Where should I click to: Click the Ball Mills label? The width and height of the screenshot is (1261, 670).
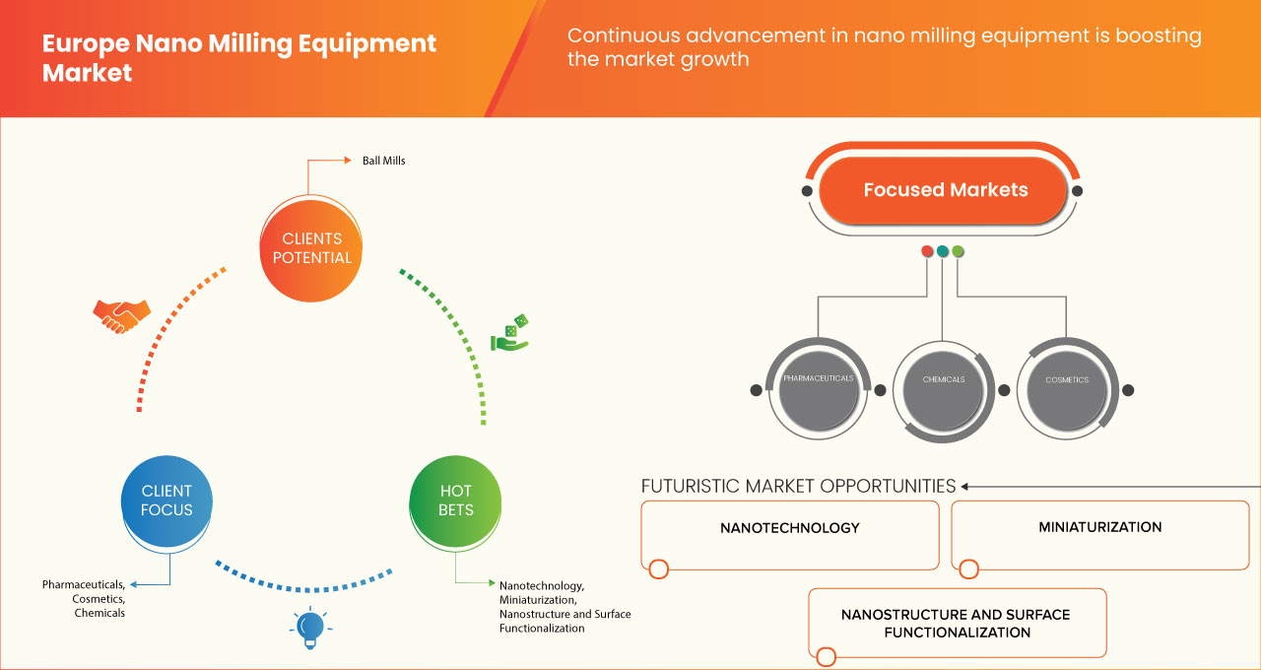point(384,161)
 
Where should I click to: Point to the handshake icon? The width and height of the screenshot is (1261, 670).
point(121,315)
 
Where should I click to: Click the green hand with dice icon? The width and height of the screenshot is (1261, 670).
point(510,333)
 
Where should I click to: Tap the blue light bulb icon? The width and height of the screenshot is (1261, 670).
point(310,627)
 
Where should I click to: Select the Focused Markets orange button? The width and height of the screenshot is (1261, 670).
point(945,190)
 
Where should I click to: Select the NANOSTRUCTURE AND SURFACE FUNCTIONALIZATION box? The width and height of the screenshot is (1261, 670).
point(957,623)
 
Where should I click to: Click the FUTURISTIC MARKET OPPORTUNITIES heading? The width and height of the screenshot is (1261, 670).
point(798,486)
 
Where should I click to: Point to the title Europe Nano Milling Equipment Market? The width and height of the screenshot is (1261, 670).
point(239,58)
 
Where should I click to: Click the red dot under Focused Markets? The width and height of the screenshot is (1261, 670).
point(927,251)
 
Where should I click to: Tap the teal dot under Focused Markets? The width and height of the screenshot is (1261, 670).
point(943,251)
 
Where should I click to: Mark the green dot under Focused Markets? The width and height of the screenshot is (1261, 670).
point(958,251)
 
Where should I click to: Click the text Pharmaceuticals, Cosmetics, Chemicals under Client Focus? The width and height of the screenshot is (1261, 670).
point(85,599)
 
